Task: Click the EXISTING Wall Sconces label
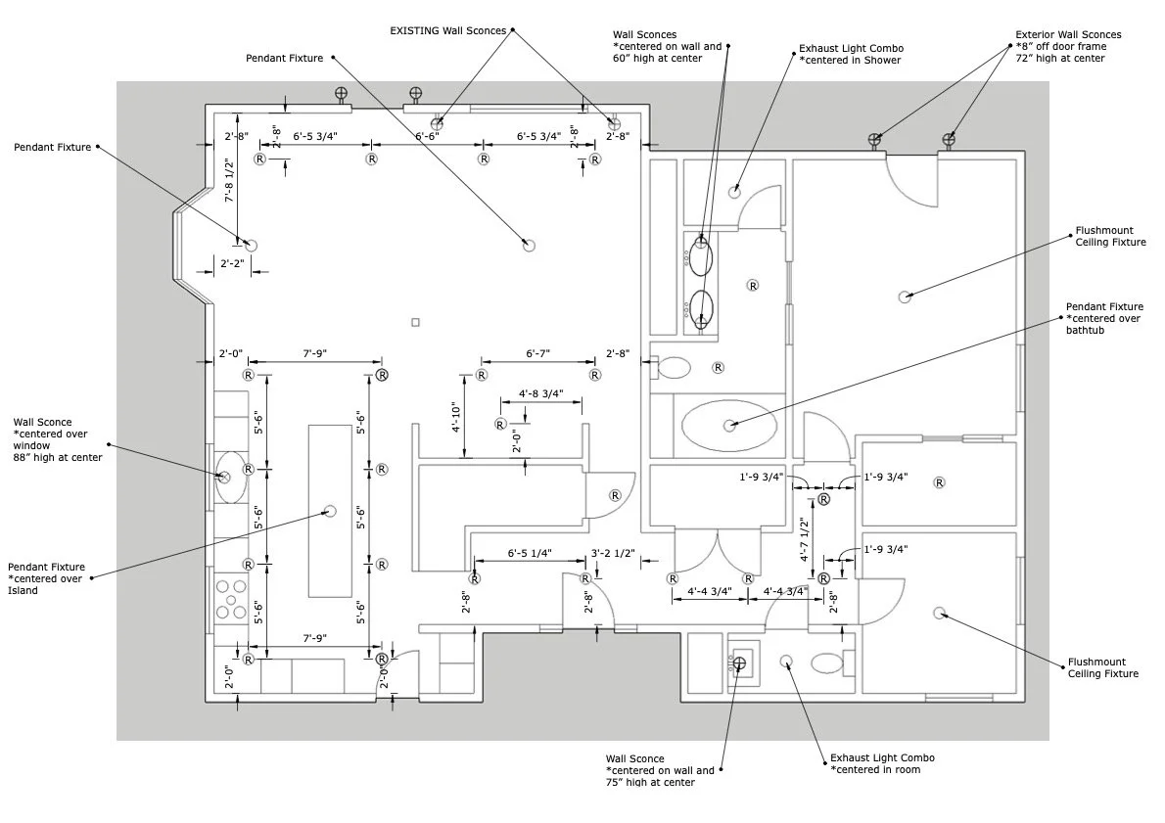click(x=447, y=30)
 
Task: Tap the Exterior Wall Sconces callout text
click(x=1068, y=35)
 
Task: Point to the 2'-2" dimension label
click(x=232, y=263)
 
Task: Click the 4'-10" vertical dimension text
click(x=455, y=416)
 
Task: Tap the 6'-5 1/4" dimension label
click(x=530, y=554)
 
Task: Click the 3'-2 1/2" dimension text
click(x=614, y=554)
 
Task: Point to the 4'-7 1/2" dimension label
click(x=804, y=540)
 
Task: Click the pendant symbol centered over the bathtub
click(x=729, y=426)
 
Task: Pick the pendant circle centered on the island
click(x=330, y=510)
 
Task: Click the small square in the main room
click(x=415, y=322)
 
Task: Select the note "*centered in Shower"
click(x=850, y=61)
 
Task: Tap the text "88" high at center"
click(x=58, y=457)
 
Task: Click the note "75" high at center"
click(x=650, y=783)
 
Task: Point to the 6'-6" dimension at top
click(x=427, y=137)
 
